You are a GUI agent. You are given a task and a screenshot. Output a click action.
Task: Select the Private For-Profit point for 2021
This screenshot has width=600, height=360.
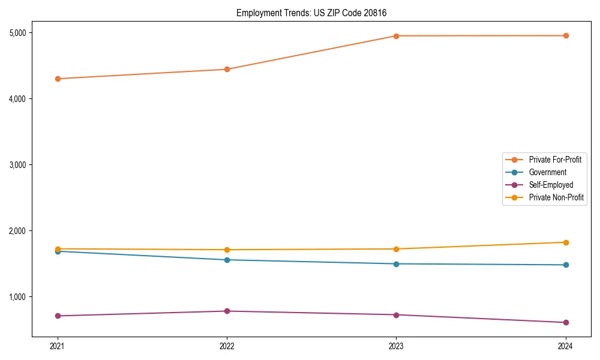tap(58, 79)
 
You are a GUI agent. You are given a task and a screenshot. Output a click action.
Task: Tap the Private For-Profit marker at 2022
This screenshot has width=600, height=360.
tap(227, 70)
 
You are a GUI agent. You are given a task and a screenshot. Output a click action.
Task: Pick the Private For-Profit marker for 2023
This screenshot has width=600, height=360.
tap(396, 36)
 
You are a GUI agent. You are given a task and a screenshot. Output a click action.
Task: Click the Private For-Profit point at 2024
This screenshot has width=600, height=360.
tap(565, 35)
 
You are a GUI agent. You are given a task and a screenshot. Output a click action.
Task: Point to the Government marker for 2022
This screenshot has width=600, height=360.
tap(227, 260)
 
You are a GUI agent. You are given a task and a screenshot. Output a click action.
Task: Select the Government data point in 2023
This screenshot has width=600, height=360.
tap(396, 264)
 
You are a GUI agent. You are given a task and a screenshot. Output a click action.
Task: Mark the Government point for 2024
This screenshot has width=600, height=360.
tap(565, 265)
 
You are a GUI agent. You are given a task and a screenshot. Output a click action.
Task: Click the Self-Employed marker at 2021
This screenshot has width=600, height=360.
tap(58, 316)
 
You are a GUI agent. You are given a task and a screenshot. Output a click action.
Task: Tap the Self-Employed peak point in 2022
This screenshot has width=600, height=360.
tap(227, 311)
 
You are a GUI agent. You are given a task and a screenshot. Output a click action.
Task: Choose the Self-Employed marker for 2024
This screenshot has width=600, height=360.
tap(565, 322)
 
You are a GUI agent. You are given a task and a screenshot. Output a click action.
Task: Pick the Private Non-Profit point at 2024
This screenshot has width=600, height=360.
tap(565, 242)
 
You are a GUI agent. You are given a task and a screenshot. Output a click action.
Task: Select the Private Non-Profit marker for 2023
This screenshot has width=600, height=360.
tap(396, 249)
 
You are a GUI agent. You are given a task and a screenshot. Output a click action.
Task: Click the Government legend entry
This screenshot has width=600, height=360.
tap(547, 172)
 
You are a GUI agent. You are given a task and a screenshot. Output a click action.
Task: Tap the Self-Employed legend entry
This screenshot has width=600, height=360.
tap(551, 185)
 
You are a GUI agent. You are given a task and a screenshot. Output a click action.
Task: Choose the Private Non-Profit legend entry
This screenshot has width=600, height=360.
tap(556, 197)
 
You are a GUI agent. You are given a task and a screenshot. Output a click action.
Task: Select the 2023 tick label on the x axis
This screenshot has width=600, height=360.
tap(396, 346)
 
